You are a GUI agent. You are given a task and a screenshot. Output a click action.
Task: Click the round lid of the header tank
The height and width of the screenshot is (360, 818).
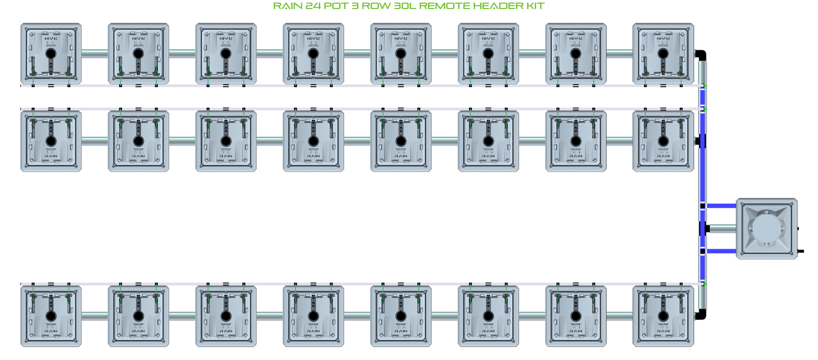(766, 229)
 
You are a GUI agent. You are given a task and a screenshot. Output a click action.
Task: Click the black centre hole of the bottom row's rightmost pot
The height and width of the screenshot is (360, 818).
(663, 315)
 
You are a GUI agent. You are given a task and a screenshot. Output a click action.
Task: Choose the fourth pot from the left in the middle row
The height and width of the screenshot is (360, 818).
(313, 141)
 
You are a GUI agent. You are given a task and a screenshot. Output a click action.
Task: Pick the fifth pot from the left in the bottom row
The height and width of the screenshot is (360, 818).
(400, 316)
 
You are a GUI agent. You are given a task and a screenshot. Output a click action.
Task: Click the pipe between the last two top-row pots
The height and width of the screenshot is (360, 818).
(619, 54)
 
